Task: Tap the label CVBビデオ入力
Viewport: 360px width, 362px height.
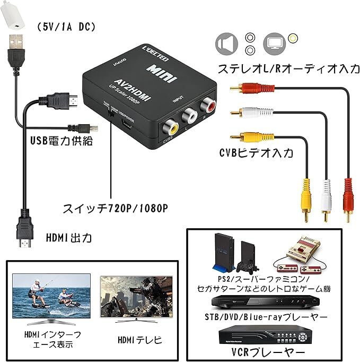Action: (x=256, y=153)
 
